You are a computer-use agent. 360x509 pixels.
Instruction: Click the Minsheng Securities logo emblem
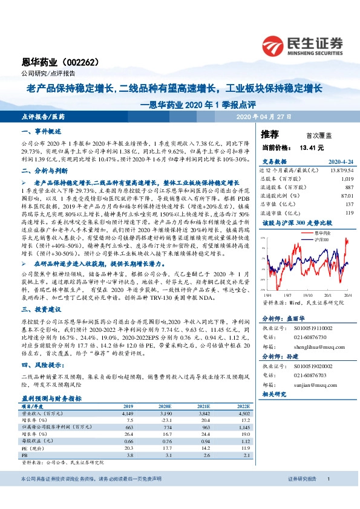[x=275, y=44]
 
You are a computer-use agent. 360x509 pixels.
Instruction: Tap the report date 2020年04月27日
[x=264, y=115]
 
